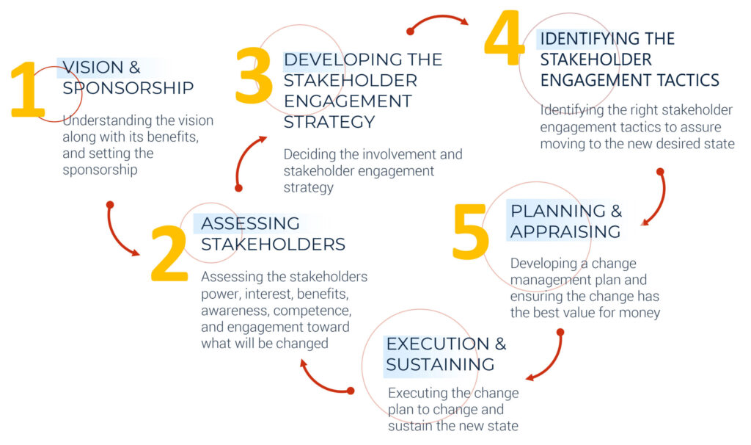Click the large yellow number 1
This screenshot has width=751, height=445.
coord(28,90)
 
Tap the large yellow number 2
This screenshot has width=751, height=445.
coord(169,253)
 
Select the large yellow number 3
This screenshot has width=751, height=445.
coord(254,75)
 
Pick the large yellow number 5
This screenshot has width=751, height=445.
coord(471,231)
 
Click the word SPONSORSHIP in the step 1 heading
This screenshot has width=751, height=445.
coord(128,88)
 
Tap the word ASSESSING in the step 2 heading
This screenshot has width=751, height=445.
coord(251,223)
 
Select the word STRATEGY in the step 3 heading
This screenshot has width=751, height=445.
coord(329,123)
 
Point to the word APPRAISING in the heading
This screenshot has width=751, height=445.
coord(565,231)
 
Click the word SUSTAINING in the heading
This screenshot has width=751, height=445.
coord(440,364)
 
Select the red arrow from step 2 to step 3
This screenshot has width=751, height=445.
coord(243,158)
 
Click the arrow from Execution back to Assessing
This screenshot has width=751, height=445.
coord(318,383)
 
